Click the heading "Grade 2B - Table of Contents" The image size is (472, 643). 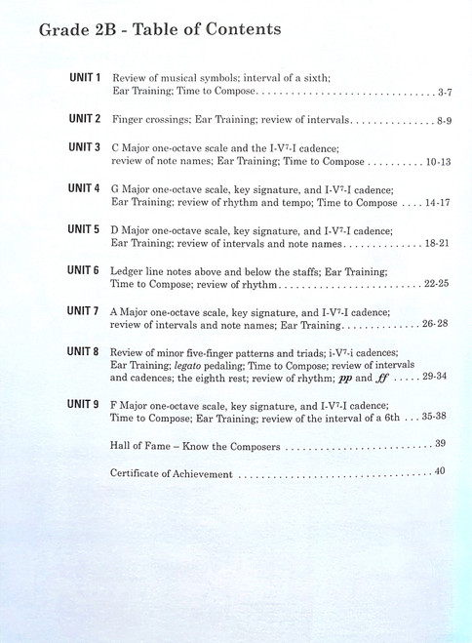pyautogui.click(x=160, y=29)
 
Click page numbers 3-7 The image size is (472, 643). pyautogui.click(x=444, y=92)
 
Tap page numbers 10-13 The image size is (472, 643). pyautogui.click(x=439, y=162)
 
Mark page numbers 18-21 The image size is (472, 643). pyautogui.click(x=438, y=244)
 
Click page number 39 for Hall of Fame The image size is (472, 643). pyautogui.click(x=441, y=444)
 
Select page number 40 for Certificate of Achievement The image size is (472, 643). pyautogui.click(x=441, y=472)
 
